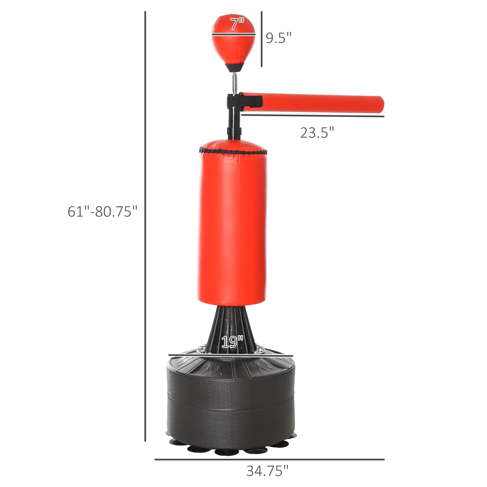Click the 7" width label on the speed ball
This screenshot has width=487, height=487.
click(x=237, y=24)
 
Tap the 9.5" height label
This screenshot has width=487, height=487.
click(x=279, y=38)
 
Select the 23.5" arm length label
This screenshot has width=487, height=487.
click(x=317, y=133)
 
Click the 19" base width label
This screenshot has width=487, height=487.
click(x=232, y=342)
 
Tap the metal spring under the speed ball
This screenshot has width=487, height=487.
click(x=234, y=83)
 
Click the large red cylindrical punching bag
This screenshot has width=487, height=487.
click(x=232, y=227)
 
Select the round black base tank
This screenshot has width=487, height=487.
click(x=231, y=398)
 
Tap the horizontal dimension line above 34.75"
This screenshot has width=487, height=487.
click(x=269, y=459)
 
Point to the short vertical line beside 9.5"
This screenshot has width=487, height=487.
click(x=262, y=39)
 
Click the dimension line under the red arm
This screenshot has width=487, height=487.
click(x=313, y=116)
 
